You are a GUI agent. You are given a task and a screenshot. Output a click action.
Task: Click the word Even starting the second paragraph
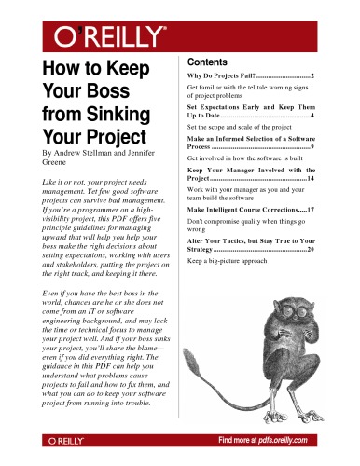54,293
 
